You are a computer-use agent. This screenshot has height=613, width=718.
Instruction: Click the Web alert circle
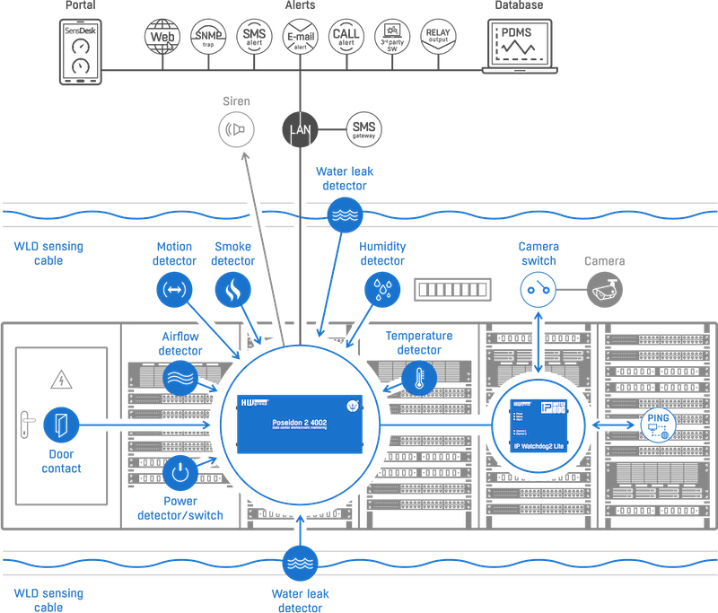point(162,39)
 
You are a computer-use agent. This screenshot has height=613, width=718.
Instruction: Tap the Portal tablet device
point(79,52)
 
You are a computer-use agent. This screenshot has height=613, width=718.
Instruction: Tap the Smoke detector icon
point(232,287)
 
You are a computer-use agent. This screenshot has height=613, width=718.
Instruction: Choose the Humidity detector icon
point(382,287)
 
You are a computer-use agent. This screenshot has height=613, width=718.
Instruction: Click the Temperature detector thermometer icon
point(416,376)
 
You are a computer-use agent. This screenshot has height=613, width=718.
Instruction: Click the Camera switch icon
point(538,289)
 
